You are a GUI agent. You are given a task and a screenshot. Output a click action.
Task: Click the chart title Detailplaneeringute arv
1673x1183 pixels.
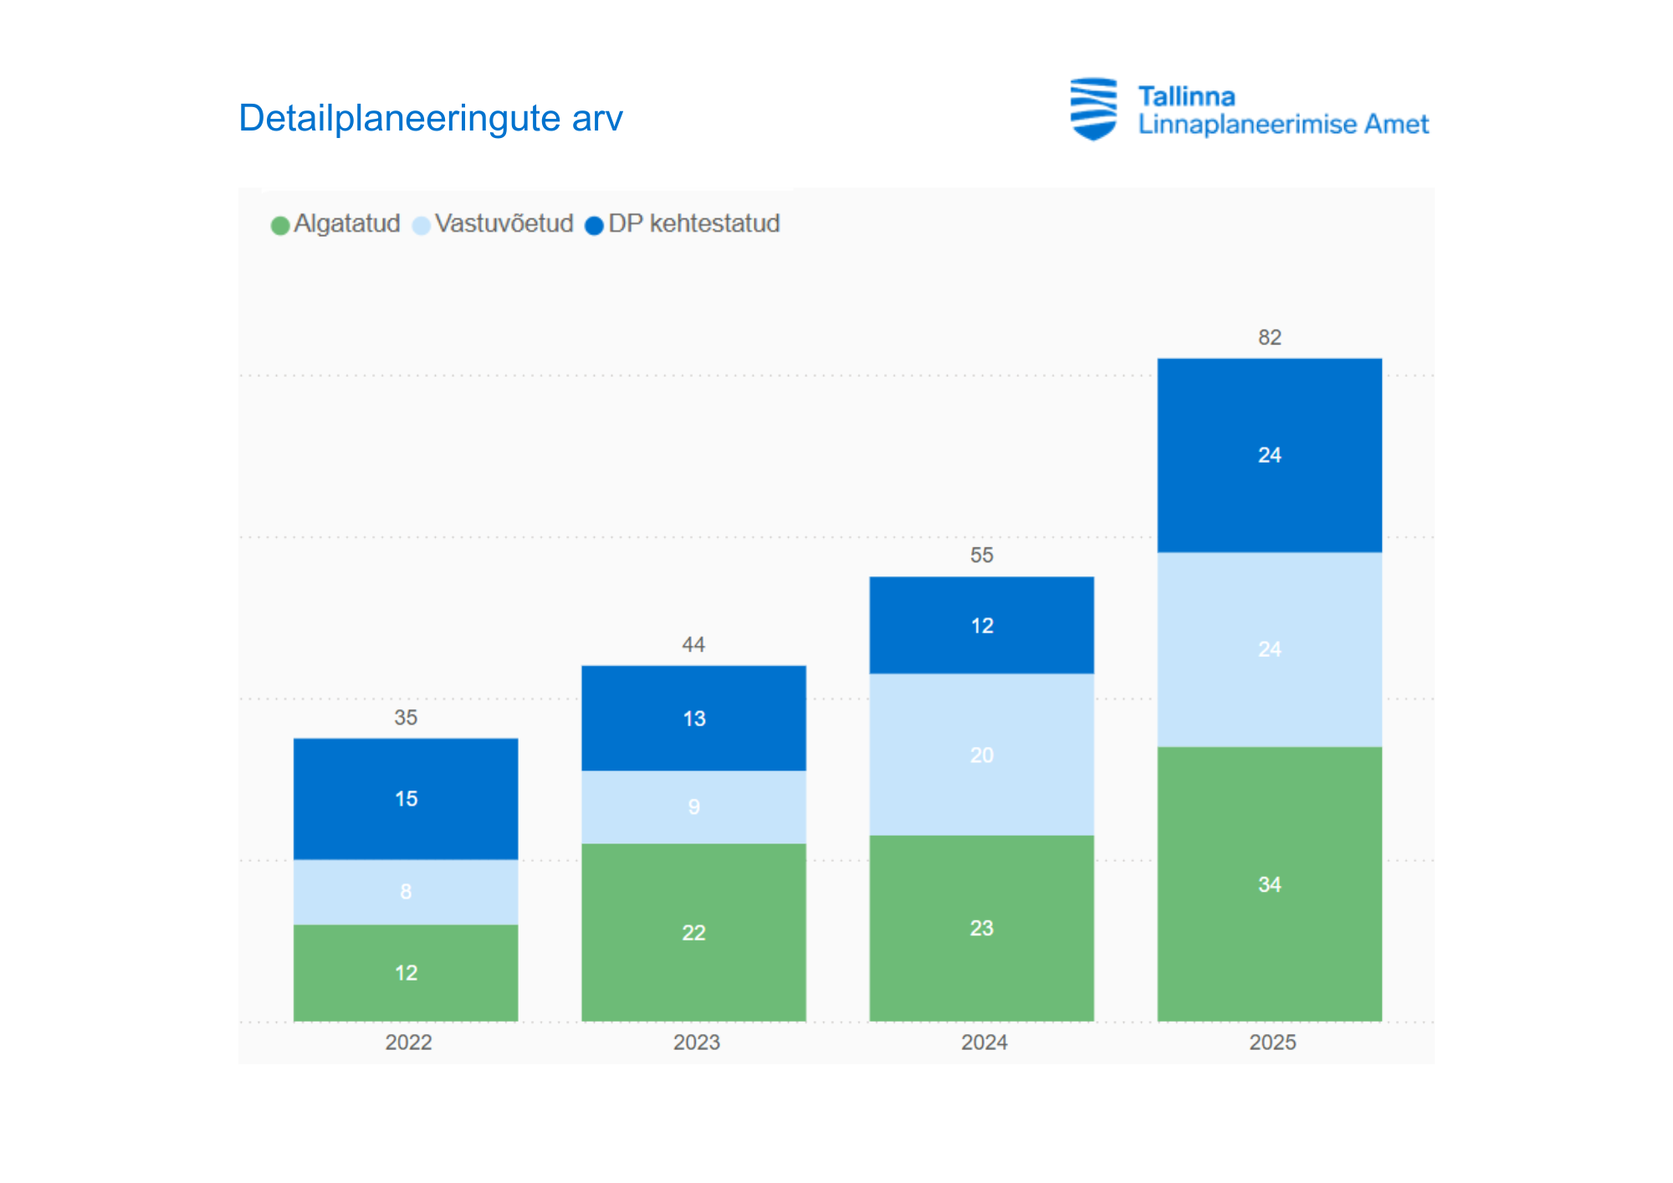click(x=430, y=118)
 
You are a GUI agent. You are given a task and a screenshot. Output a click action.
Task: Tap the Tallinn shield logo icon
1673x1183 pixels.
click(x=1093, y=109)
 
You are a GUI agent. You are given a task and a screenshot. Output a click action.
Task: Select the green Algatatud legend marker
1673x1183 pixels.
click(x=280, y=225)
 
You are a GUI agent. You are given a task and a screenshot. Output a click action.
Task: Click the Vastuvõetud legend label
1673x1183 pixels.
click(x=504, y=223)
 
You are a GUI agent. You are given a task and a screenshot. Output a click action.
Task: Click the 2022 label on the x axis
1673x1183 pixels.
click(x=408, y=1042)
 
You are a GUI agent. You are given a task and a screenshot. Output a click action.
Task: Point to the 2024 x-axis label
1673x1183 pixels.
click(x=984, y=1042)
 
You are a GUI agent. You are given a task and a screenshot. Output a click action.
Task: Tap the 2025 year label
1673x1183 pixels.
click(x=1272, y=1042)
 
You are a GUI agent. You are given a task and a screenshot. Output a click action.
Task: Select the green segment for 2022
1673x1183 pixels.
click(x=406, y=972)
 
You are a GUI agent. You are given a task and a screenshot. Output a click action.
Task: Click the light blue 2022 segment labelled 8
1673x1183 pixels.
click(x=406, y=892)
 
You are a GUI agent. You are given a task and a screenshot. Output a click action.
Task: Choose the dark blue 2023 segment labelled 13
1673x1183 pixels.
click(x=693, y=718)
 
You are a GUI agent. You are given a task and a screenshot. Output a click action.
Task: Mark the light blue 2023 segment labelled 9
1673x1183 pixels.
click(x=693, y=807)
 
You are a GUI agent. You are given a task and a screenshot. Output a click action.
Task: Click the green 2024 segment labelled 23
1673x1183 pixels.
click(x=981, y=928)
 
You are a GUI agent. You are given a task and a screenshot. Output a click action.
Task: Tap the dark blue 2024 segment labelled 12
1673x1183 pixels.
click(x=981, y=625)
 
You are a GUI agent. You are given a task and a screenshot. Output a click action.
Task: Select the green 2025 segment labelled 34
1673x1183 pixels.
click(x=1269, y=884)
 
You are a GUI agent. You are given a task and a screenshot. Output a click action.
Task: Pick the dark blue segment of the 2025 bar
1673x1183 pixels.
click(x=1269, y=455)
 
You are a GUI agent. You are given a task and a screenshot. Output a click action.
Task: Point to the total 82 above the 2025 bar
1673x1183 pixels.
click(x=1269, y=337)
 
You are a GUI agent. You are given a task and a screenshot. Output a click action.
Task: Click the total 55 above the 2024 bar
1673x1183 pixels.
click(x=981, y=555)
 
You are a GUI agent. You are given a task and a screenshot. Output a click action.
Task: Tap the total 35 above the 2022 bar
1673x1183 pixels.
click(x=406, y=717)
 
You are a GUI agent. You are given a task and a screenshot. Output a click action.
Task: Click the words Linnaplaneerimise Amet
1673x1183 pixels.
click(x=1282, y=125)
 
